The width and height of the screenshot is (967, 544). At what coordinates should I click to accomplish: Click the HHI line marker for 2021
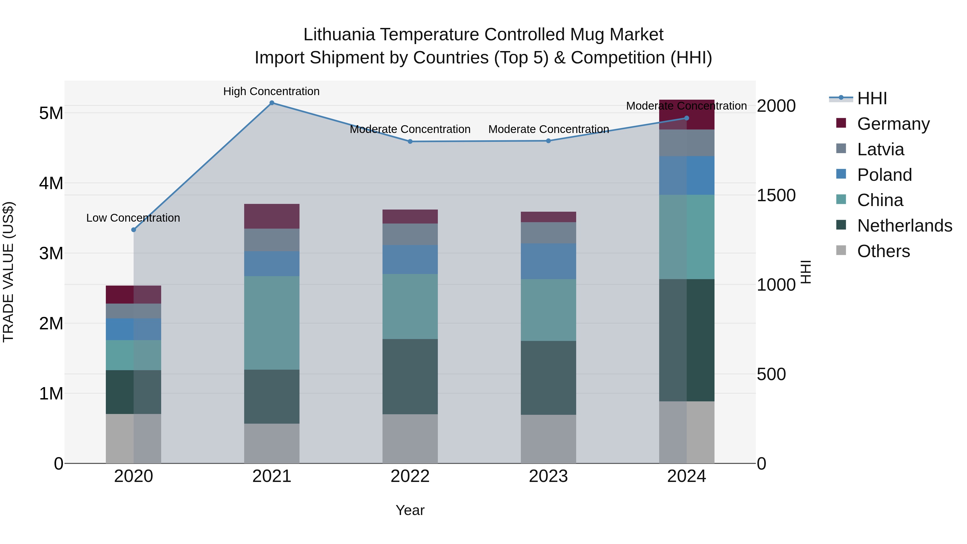tap(272, 103)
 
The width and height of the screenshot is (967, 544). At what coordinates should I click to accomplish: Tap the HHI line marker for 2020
tap(134, 230)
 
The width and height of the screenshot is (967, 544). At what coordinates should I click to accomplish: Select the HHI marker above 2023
tap(549, 141)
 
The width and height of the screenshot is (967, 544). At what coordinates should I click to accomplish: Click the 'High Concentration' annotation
tap(271, 91)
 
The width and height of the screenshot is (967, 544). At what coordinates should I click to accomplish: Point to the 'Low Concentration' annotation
tap(133, 218)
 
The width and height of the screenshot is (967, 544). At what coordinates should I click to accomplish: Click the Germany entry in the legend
tap(893, 124)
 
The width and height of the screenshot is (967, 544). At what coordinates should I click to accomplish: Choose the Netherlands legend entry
tap(905, 226)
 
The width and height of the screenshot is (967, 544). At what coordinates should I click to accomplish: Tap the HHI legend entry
tap(872, 98)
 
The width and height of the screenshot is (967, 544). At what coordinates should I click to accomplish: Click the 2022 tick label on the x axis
tap(410, 476)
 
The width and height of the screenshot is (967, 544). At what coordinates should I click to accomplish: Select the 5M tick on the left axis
tap(51, 113)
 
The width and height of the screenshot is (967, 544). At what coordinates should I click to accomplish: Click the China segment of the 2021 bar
tap(272, 323)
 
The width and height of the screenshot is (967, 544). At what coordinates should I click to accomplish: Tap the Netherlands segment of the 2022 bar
tap(410, 377)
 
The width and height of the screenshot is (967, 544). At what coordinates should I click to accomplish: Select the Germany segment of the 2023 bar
tap(549, 217)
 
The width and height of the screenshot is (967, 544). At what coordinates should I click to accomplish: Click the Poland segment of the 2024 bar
tap(687, 175)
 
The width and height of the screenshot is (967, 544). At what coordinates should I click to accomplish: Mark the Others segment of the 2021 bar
tap(272, 443)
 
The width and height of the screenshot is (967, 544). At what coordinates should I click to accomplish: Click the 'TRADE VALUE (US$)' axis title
tap(9, 272)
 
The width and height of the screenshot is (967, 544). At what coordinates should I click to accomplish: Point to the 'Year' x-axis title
tap(410, 510)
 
